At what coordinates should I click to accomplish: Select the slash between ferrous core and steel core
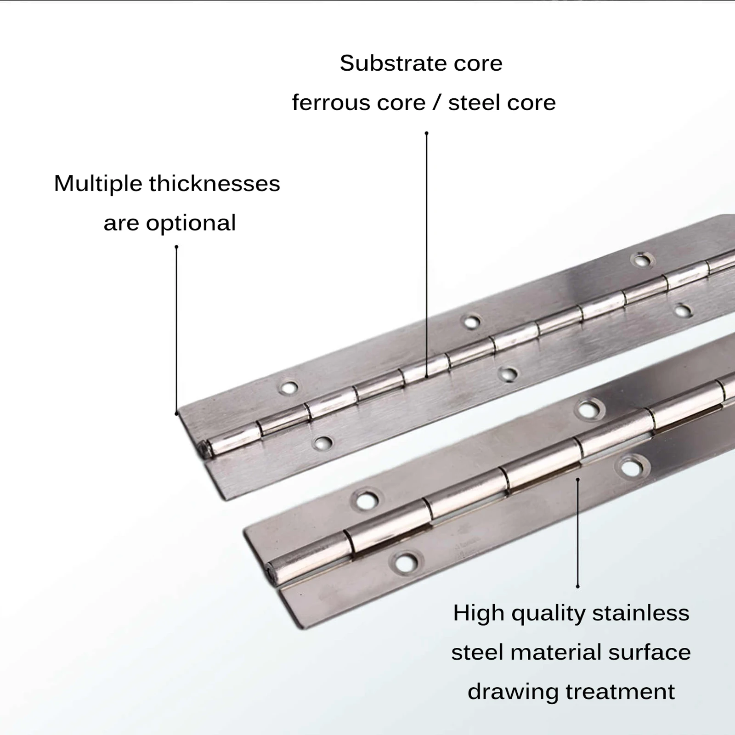click(436, 102)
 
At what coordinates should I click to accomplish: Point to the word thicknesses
click(215, 184)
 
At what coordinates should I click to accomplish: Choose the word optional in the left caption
click(191, 223)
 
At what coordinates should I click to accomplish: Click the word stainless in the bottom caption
click(641, 613)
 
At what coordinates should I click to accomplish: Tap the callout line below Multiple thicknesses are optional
click(176, 331)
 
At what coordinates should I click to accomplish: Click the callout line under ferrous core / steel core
click(426, 253)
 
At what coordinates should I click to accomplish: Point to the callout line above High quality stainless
click(577, 533)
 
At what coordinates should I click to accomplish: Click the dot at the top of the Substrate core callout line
click(426, 133)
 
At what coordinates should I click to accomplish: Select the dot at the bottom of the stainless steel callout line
click(577, 587)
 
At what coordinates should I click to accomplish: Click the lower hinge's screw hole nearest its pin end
click(405, 561)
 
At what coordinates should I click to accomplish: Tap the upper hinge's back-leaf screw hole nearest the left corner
click(288, 388)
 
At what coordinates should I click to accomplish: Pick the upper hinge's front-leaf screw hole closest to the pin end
click(322, 443)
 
